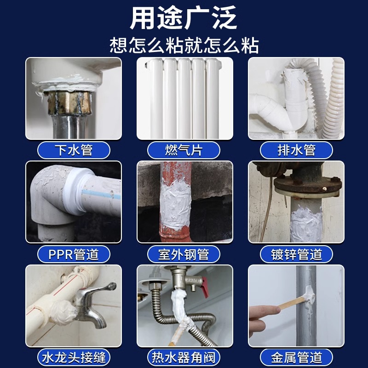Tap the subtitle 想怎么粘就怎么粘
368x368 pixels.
pyautogui.click(x=184, y=45)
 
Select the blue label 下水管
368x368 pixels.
pyautogui.click(x=74, y=150)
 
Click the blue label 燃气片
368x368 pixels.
pyautogui.click(x=184, y=150)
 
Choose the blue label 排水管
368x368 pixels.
pyautogui.click(x=296, y=150)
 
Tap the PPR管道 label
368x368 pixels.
pyautogui.click(x=74, y=254)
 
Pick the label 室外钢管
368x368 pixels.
pyautogui.click(x=184, y=254)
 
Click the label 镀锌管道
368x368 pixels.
pyautogui.click(x=296, y=254)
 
